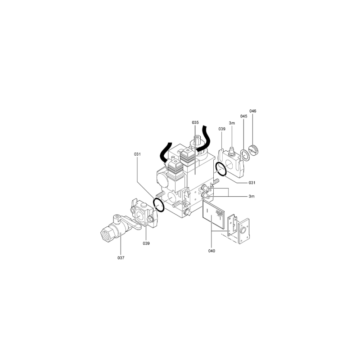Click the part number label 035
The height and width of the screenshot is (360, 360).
point(195,122)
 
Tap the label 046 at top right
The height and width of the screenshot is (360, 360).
point(253,111)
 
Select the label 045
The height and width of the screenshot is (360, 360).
point(244,116)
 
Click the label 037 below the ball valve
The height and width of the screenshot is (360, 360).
point(121,258)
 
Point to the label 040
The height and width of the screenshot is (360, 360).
point(211,251)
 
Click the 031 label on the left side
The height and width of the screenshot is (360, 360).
point(137,154)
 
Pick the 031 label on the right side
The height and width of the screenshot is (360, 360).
point(252,183)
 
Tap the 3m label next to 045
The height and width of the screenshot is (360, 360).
point(232,123)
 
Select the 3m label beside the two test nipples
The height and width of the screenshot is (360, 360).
point(252,196)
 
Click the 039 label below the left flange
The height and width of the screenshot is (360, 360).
point(146,243)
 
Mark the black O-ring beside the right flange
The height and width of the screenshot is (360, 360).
point(217,166)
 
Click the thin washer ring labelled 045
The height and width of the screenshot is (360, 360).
point(242,153)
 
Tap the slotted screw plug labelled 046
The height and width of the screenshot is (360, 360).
point(254,151)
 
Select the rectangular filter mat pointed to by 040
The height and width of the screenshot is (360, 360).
point(213,214)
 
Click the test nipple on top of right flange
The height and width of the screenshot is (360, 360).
point(231,151)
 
